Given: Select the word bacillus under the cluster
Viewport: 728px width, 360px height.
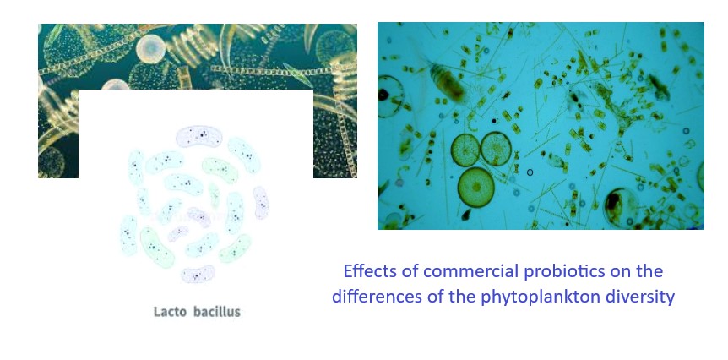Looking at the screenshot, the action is tap(217, 312).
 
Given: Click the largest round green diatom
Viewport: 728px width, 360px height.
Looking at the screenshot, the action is tap(475, 188).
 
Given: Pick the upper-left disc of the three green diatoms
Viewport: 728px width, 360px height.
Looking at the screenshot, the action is tap(465, 150).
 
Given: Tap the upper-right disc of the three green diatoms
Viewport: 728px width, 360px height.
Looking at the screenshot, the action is tap(496, 149).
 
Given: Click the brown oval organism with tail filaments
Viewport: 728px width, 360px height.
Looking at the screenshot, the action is tap(448, 83).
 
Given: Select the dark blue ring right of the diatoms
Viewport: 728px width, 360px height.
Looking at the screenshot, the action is tap(530, 172).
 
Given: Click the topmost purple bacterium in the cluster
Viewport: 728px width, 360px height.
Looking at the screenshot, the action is tap(199, 136).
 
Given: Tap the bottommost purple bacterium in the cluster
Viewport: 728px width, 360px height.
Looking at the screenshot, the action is tap(198, 274).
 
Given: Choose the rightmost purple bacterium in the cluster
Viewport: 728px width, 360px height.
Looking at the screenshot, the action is tap(260, 203).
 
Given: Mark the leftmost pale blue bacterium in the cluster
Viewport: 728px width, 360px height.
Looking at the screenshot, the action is tap(128, 236).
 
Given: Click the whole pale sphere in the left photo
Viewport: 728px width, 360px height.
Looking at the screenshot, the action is tap(150, 48).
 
